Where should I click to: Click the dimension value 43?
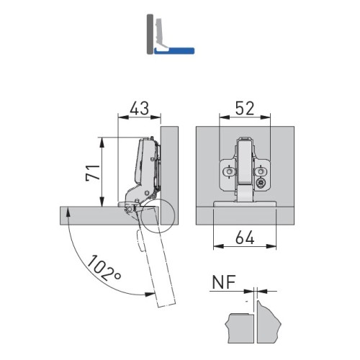tap(140, 108)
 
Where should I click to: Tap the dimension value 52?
tap(245, 108)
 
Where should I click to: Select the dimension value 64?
tap(245, 238)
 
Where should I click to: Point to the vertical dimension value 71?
tap(93, 173)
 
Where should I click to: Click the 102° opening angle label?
tap(104, 268)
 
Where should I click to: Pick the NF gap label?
tap(224, 282)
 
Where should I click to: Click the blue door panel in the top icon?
tap(174, 50)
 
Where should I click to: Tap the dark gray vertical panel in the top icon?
tap(150, 34)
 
